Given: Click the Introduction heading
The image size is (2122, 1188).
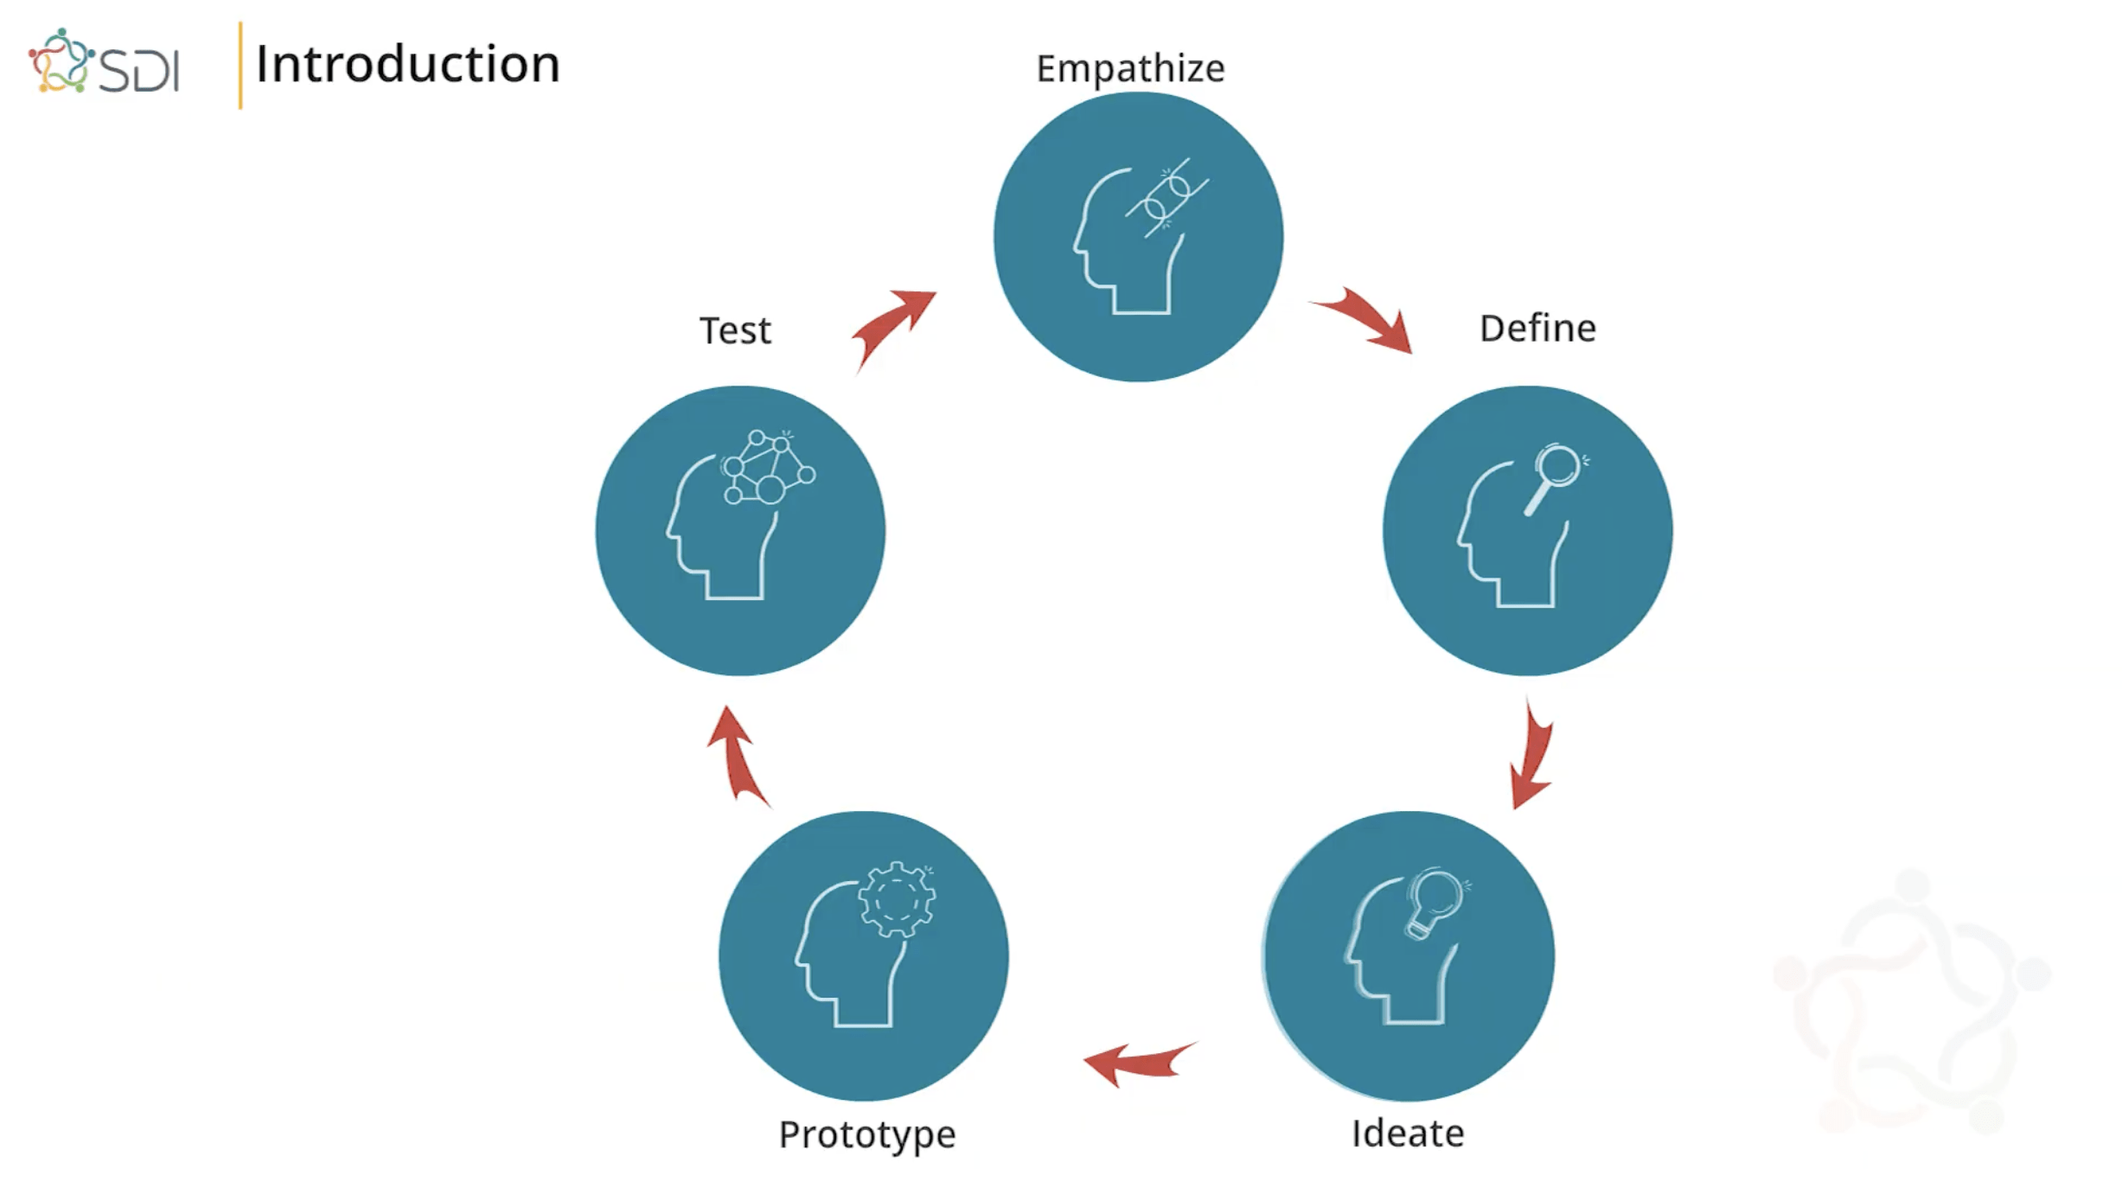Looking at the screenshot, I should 407,65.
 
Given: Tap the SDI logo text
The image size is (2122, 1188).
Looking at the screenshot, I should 139,69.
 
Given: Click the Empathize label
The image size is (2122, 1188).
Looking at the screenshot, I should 1130,68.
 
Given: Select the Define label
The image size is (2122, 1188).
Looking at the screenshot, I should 1537,329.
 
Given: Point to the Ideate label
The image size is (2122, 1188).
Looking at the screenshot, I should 1408,1134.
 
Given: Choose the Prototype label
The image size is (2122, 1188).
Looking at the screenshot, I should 867,1134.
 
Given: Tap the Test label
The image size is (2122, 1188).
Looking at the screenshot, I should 735,330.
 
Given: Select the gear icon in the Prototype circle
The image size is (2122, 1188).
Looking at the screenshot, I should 897,899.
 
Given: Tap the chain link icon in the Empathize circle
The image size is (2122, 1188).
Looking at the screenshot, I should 1167,198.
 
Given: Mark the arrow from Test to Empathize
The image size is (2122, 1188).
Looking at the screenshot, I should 892,326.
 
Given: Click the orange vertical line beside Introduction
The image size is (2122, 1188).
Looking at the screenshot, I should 240,66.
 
